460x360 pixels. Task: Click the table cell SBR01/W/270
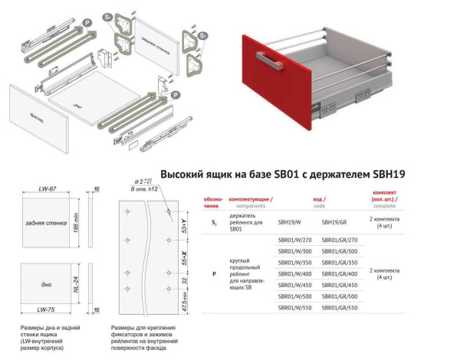(294, 241)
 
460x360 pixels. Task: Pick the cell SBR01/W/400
(294, 273)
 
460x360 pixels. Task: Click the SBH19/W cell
(288, 221)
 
